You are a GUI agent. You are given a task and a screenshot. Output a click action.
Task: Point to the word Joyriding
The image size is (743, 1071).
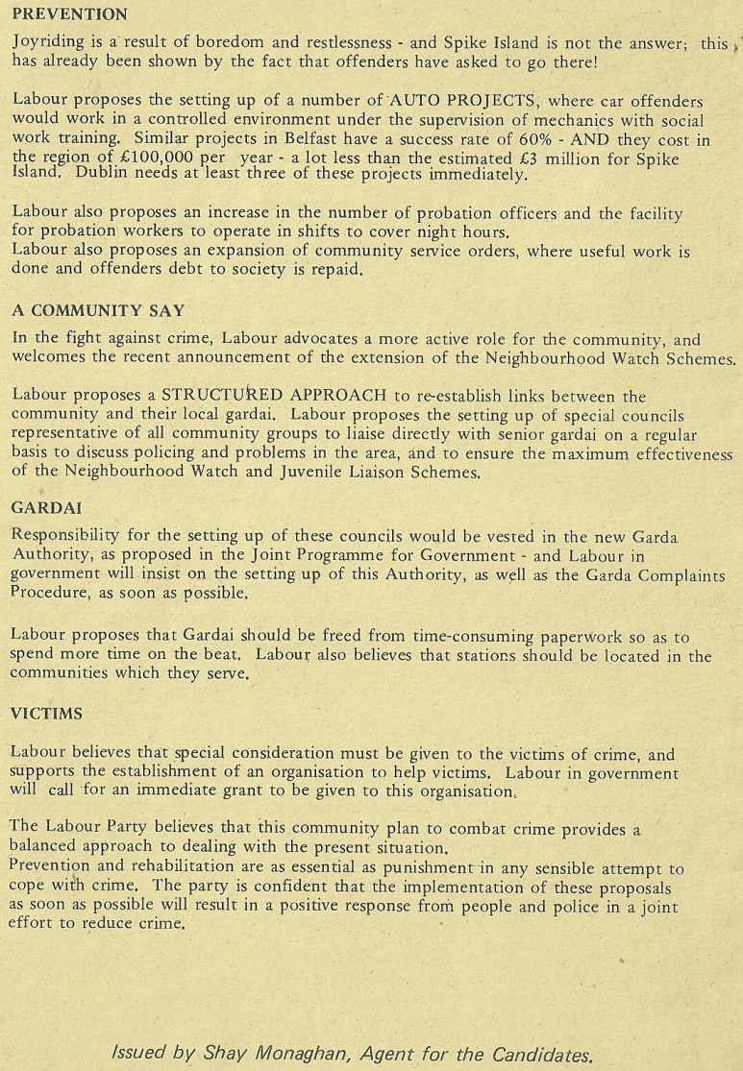(47, 43)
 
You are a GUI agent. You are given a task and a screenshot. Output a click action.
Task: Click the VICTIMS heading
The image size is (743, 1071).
(46, 714)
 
